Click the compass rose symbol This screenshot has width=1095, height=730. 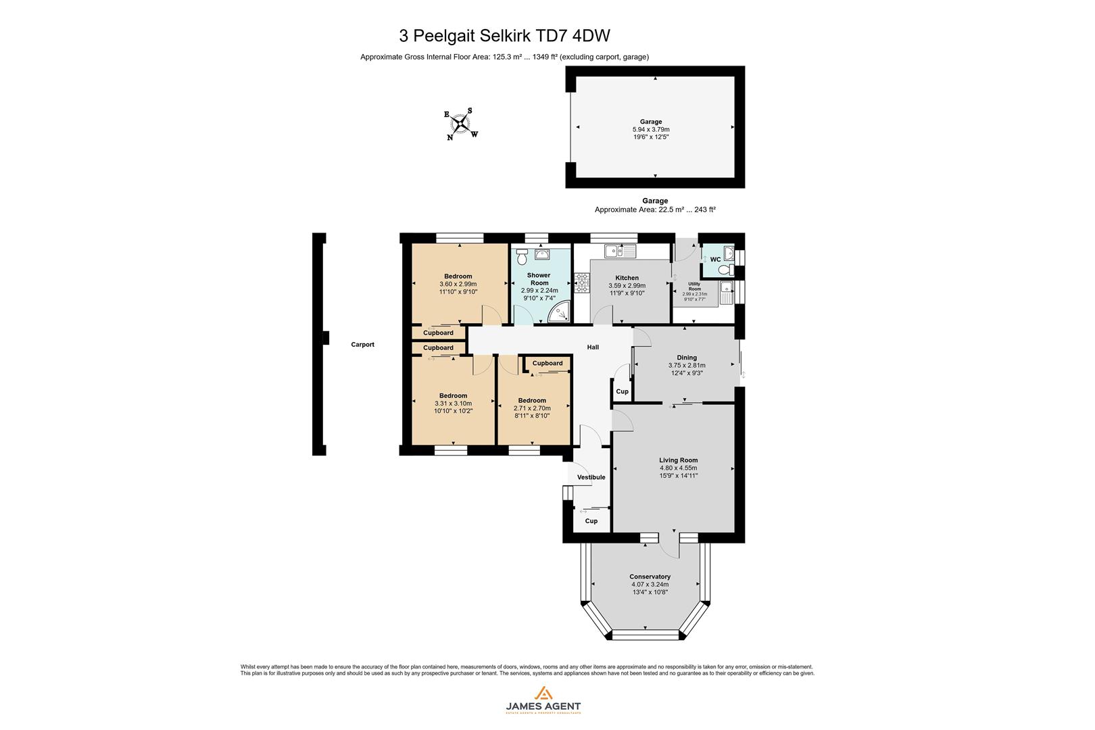pyautogui.click(x=461, y=124)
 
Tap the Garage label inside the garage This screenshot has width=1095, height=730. pyautogui.click(x=651, y=122)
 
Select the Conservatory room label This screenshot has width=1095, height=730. pyautogui.click(x=650, y=577)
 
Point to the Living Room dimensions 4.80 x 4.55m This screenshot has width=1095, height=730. pyautogui.click(x=678, y=468)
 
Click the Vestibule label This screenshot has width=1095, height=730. pyautogui.click(x=591, y=477)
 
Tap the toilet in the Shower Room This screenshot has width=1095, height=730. pyautogui.click(x=520, y=256)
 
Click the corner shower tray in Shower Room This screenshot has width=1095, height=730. pyautogui.click(x=560, y=313)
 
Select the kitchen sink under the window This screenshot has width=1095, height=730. pyautogui.click(x=620, y=251)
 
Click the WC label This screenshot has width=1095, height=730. pyautogui.click(x=715, y=259)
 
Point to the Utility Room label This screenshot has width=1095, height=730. pyautogui.click(x=694, y=286)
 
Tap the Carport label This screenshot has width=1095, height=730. pyautogui.click(x=362, y=345)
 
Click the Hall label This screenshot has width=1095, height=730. pyautogui.click(x=593, y=347)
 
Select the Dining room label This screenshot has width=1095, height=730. pyautogui.click(x=687, y=358)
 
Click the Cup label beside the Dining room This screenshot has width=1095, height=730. pyautogui.click(x=622, y=391)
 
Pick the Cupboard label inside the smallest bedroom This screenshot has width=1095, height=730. pyautogui.click(x=547, y=363)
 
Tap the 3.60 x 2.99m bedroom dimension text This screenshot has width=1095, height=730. pyautogui.click(x=458, y=284)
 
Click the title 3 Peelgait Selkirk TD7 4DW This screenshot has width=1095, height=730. pyautogui.click(x=505, y=35)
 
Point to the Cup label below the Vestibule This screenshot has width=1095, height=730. pyautogui.click(x=591, y=521)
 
